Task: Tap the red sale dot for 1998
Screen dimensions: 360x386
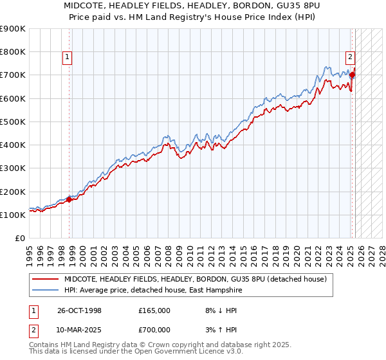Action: click(x=69, y=199)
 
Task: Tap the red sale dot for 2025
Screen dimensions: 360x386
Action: click(x=353, y=75)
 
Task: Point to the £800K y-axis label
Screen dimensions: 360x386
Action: click(x=13, y=51)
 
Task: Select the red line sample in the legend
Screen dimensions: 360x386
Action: click(x=46, y=279)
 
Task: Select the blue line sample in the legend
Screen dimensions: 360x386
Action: click(x=46, y=290)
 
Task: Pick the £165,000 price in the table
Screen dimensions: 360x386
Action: click(x=154, y=310)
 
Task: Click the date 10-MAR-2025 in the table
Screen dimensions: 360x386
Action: click(x=80, y=330)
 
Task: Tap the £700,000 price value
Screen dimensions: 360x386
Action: click(x=154, y=330)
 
